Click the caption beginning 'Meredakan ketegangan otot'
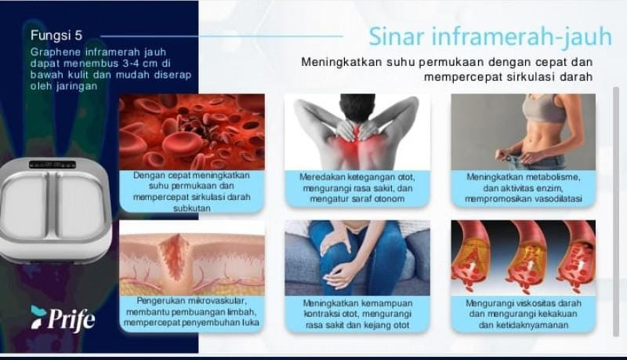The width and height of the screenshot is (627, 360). tap(357, 188)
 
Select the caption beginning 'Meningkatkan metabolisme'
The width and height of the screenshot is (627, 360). tap(523, 188)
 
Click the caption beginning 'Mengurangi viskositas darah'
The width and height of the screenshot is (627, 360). tap(523, 313)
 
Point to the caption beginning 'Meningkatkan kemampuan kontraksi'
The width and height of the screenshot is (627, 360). tap(357, 313)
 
